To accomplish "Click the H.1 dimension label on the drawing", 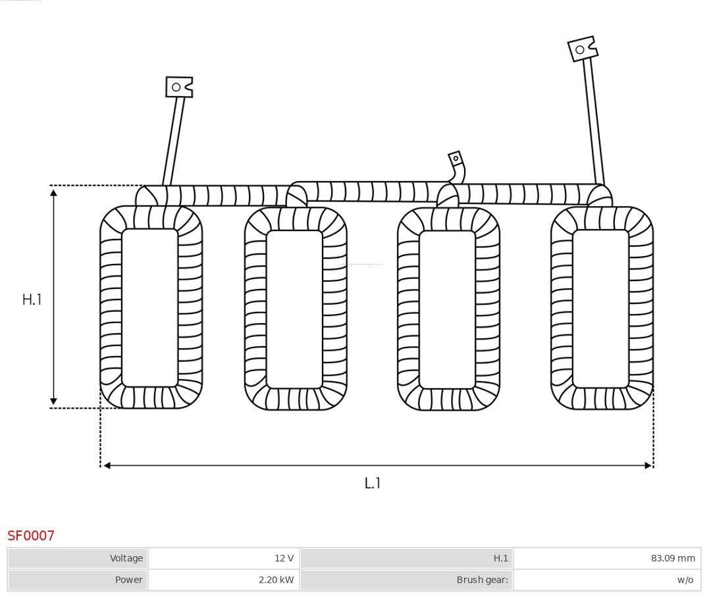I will pyautogui.click(x=32, y=299).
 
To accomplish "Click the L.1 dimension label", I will pyautogui.click(x=373, y=483).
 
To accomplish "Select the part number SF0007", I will pyautogui.click(x=31, y=536).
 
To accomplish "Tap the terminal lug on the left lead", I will pyautogui.click(x=178, y=87).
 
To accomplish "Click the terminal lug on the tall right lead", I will pyautogui.click(x=582, y=49).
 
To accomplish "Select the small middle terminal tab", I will pyautogui.click(x=456, y=159).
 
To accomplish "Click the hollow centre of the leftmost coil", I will pyautogui.click(x=150, y=307).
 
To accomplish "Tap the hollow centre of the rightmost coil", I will pyautogui.click(x=600, y=308).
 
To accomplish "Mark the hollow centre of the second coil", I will pyautogui.click(x=294, y=309).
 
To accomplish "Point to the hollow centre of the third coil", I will pyautogui.click(x=447, y=309).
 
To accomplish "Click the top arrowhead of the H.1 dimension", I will pyautogui.click(x=53, y=192).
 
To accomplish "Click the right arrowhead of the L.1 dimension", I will pyautogui.click(x=648, y=465).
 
